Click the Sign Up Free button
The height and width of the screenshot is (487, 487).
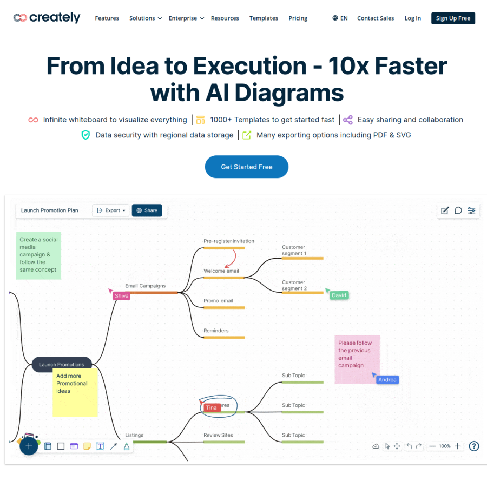453,18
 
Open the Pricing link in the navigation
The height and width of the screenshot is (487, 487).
298,18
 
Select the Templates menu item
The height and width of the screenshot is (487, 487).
264,18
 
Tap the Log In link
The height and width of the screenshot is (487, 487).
412,18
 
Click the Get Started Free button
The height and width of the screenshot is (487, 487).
247,167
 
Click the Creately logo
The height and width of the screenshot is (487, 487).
47,18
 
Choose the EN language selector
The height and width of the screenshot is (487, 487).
340,18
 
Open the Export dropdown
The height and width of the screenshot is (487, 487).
111,210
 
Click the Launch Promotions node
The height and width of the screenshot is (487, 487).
62,364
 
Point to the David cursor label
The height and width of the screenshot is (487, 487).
339,295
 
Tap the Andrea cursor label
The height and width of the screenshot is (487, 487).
387,379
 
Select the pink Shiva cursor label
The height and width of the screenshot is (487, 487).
121,295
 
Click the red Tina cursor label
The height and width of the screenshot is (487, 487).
211,407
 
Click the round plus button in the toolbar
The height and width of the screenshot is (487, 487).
29,446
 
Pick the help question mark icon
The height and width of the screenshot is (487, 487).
474,446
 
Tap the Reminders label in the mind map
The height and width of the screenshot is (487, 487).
216,331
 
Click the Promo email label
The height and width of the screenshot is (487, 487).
218,301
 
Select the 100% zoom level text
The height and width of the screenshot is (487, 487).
445,446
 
